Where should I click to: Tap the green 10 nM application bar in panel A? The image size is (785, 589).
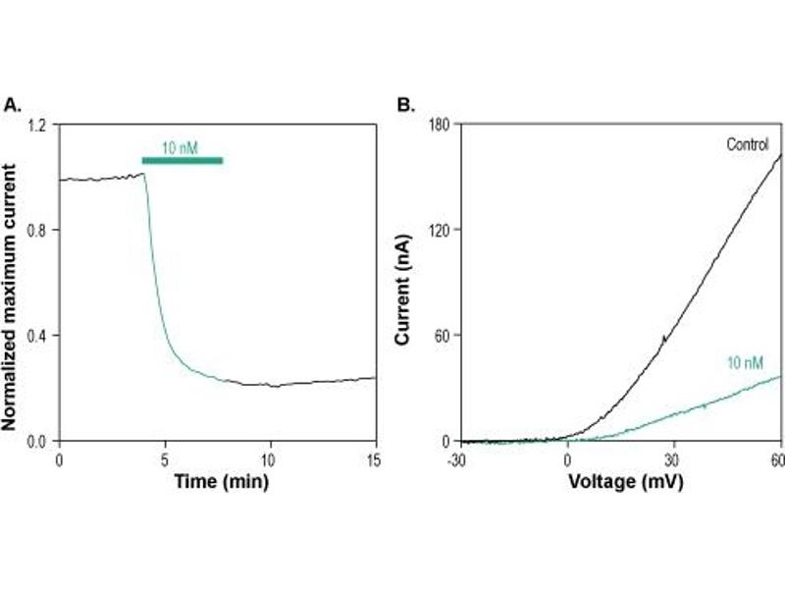[182, 160]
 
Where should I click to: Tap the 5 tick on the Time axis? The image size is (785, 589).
[164, 458]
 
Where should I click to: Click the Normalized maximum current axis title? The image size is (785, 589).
[13, 283]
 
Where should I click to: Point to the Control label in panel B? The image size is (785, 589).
[747, 145]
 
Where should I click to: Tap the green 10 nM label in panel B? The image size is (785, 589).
[745, 363]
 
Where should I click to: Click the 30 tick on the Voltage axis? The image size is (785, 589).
[672, 458]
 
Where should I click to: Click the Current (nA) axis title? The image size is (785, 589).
[402, 283]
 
